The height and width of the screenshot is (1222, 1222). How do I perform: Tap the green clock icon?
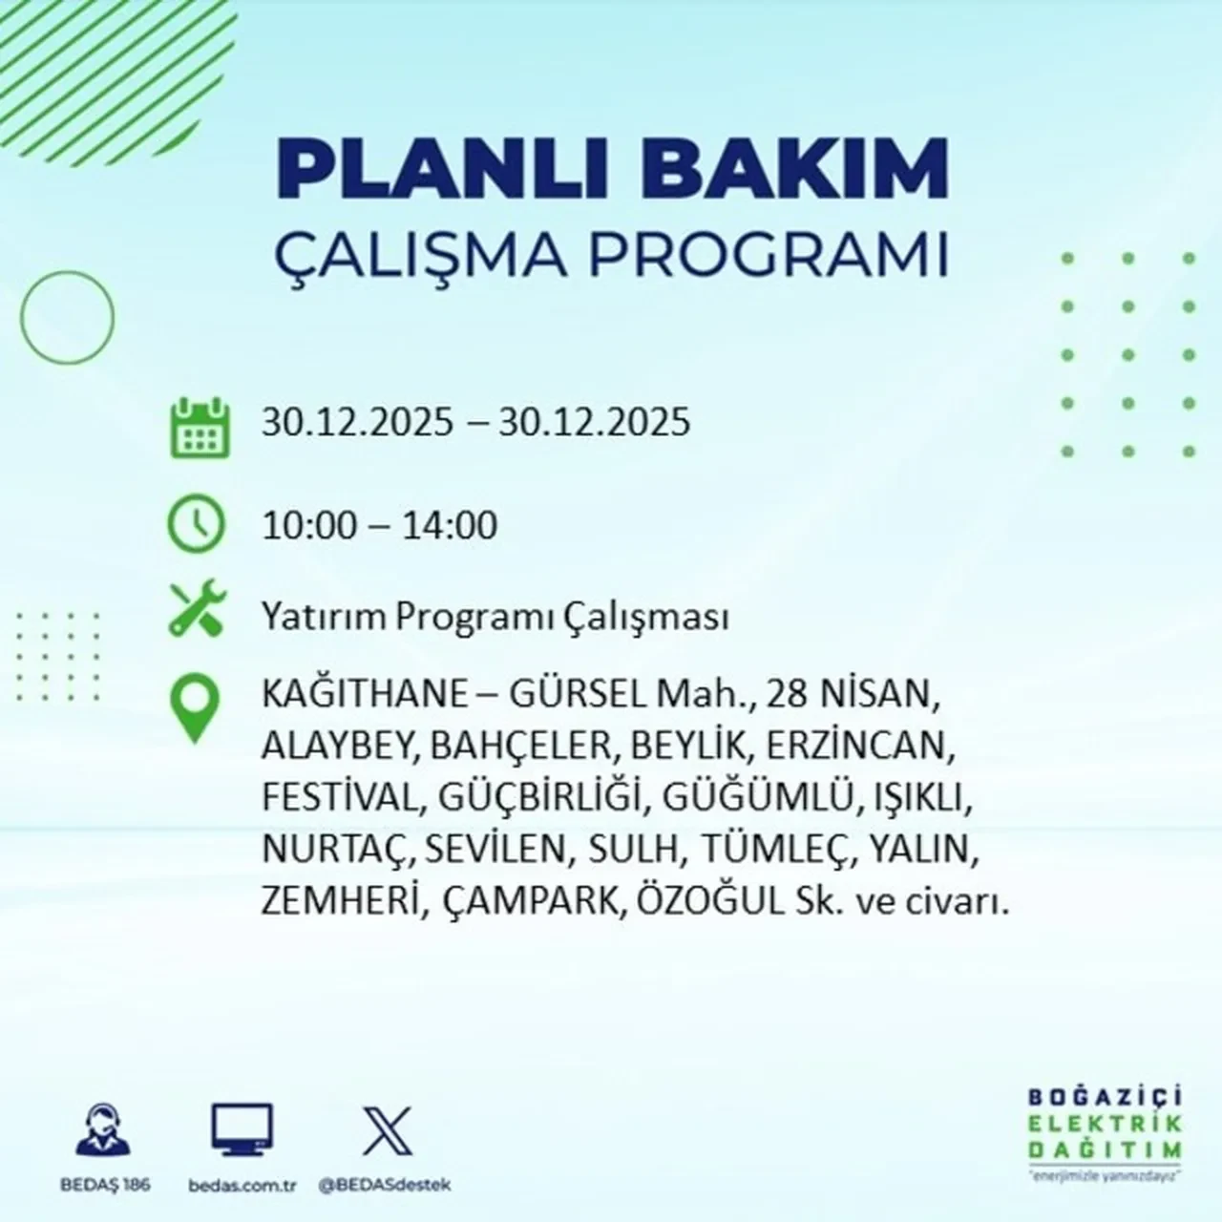pos(196,525)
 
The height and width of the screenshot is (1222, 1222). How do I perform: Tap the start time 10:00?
pos(309,525)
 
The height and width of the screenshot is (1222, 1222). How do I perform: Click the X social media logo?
pos(387,1131)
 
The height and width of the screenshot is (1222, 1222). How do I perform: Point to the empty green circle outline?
pos(67,316)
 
